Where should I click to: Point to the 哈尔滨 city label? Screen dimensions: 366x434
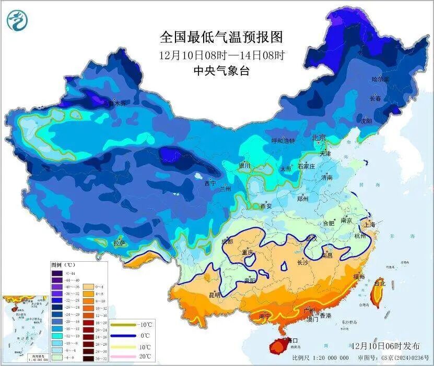pos(380,80)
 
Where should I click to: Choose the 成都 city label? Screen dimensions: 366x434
pos(227,241)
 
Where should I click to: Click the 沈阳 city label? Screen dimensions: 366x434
pos(366,121)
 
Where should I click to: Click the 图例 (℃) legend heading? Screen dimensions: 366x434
pos(63,265)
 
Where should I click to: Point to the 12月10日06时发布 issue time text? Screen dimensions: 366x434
pos(385,346)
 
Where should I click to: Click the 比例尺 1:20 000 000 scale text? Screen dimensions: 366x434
pos(320,358)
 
